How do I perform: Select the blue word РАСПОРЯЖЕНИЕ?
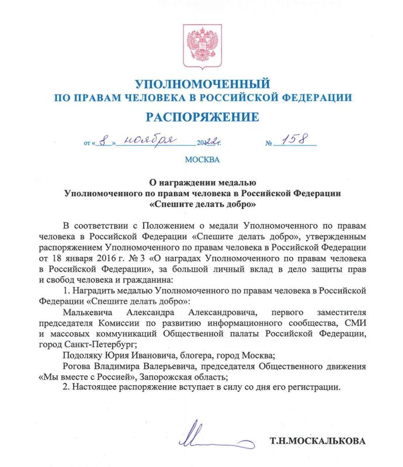pos(202,117)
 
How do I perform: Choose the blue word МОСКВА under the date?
pos(202,159)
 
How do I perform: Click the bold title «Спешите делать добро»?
pos(202,205)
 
